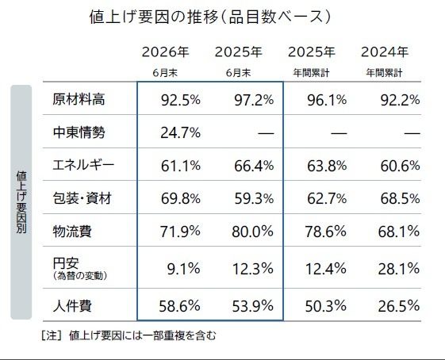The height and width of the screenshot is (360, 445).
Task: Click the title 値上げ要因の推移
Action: click(154, 17)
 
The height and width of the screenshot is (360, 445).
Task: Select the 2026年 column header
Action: click(165, 52)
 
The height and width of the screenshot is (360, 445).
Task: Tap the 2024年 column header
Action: click(385, 52)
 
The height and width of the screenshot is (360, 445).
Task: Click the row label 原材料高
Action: click(79, 100)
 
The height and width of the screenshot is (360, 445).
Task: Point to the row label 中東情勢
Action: click(79, 132)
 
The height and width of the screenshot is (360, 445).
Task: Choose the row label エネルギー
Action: click(83, 165)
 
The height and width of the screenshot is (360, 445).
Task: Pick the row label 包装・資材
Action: click(82, 198)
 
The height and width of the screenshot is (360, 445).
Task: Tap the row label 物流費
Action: click(72, 232)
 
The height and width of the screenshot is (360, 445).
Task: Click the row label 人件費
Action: click(72, 306)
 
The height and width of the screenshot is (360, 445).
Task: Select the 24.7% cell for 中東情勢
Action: click(181, 132)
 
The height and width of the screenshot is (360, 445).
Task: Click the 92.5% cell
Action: click(181, 100)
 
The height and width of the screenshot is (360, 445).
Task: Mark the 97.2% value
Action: click(254, 100)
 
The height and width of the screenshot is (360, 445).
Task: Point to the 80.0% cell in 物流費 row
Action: click(252, 232)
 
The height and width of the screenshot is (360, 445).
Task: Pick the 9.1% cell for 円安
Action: click(183, 269)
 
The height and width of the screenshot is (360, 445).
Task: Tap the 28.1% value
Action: click(399, 269)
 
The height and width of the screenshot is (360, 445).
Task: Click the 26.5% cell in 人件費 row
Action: click(399, 306)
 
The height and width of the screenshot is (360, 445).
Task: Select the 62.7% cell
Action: click(327, 198)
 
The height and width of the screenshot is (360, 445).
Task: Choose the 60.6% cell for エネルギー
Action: click(400, 166)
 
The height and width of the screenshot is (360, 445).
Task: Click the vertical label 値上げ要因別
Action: click(21, 201)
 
